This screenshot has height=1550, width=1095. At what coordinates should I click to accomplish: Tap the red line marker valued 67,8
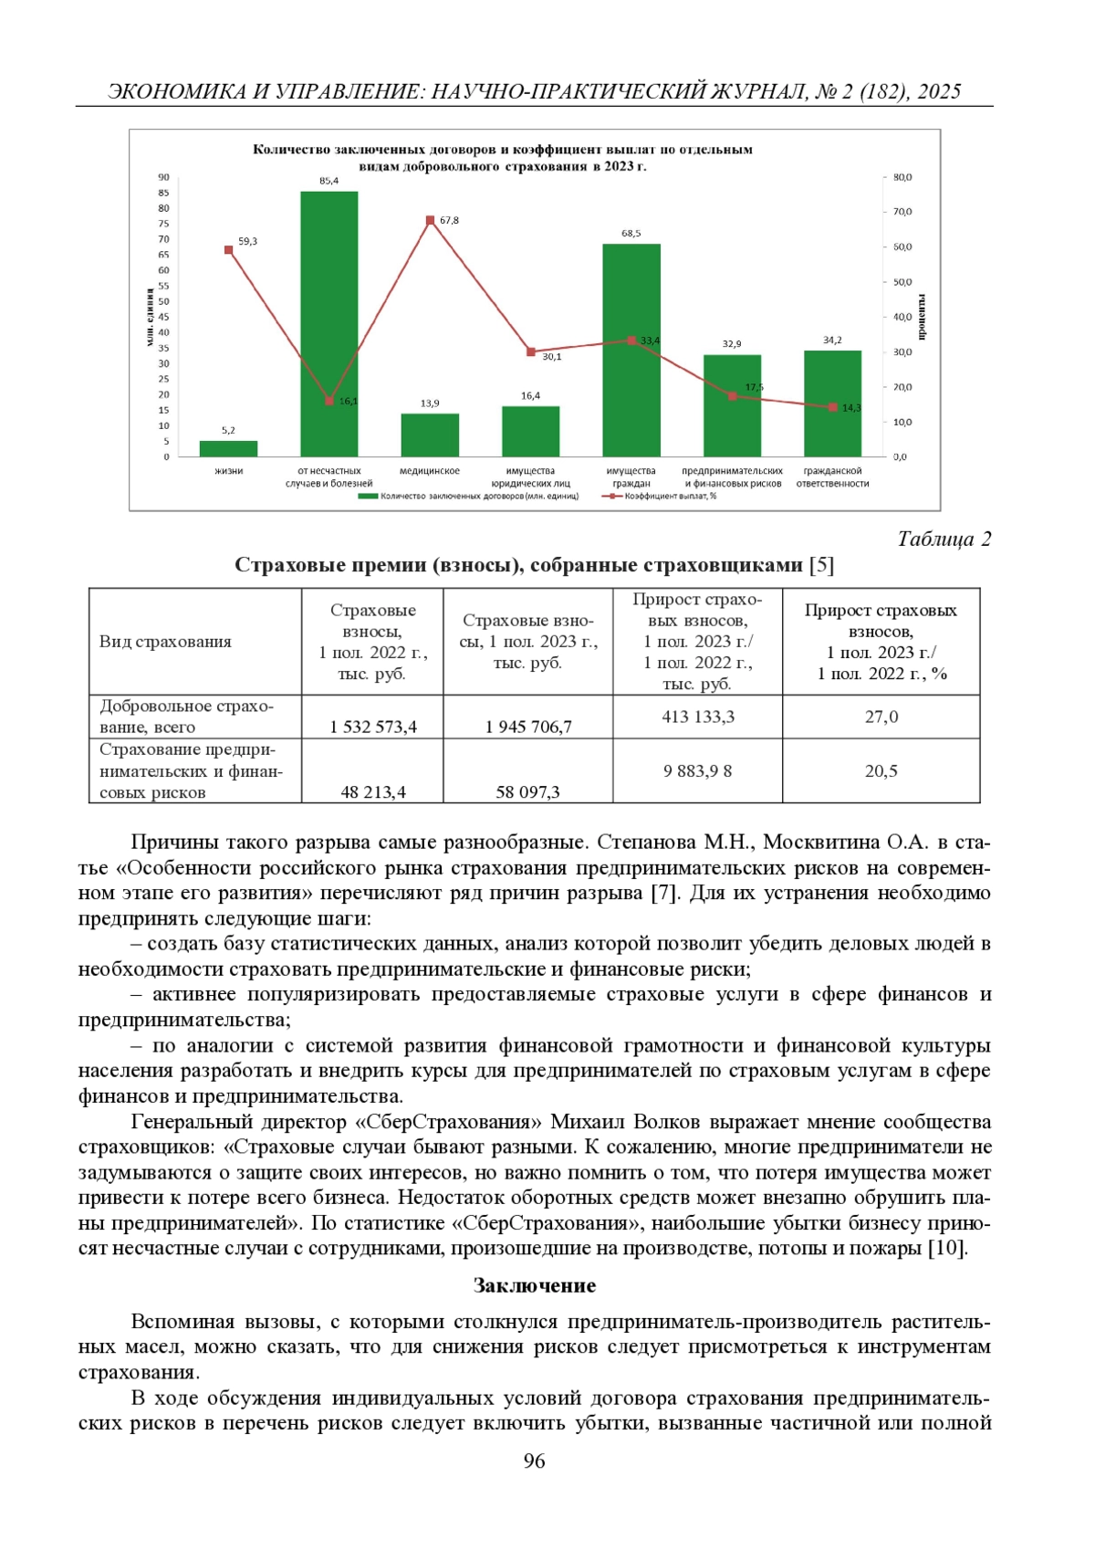click(x=431, y=221)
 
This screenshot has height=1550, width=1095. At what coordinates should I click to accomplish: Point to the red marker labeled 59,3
click(x=229, y=250)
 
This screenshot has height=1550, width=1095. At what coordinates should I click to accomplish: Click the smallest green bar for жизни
click(x=229, y=448)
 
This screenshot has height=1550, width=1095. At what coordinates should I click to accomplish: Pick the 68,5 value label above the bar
click(x=631, y=234)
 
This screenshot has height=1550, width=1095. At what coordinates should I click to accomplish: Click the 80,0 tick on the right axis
click(x=902, y=177)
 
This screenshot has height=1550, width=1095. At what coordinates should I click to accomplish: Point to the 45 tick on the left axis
click(x=164, y=317)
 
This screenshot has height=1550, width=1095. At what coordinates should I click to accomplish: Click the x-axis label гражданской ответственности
click(x=832, y=477)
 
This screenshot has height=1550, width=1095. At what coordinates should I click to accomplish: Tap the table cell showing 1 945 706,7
click(x=528, y=727)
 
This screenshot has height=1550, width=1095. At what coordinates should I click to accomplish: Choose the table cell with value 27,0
click(x=881, y=717)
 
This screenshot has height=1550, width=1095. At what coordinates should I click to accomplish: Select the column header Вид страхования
click(x=165, y=642)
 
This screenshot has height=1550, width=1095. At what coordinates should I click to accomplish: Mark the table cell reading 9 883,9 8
click(x=698, y=771)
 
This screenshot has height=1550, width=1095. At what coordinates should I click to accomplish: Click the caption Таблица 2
click(x=944, y=539)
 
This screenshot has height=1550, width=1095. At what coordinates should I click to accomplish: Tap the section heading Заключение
click(x=535, y=1285)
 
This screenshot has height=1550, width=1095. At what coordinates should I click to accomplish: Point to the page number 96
click(x=535, y=1461)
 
